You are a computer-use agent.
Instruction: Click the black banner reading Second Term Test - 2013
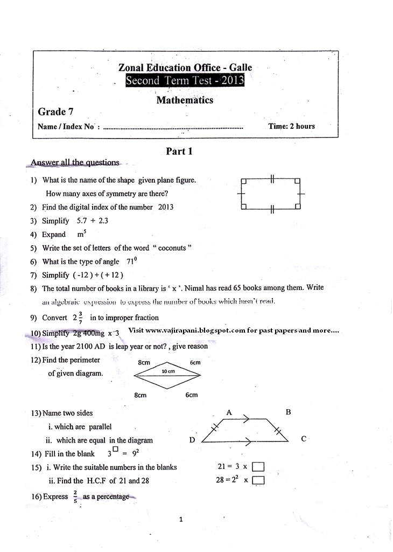pyautogui.click(x=185, y=81)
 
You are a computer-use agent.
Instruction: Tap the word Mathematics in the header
pyautogui.click(x=185, y=100)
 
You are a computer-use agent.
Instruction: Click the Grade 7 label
pyautogui.click(x=56, y=112)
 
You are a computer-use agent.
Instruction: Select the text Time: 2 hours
pyautogui.click(x=291, y=126)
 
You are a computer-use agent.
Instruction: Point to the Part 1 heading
pyautogui.click(x=179, y=151)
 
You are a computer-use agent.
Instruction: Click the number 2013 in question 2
pyautogui.click(x=166, y=207)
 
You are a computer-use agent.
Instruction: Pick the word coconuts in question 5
pyautogui.click(x=172, y=248)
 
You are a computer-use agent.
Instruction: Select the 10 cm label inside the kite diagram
pyautogui.click(x=168, y=372)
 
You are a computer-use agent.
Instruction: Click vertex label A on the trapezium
pyautogui.click(x=229, y=412)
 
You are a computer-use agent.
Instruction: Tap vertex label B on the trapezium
pyautogui.click(x=288, y=412)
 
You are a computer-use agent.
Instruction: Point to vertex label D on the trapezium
pyautogui.click(x=192, y=440)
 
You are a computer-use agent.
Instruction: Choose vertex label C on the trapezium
pyautogui.click(x=304, y=439)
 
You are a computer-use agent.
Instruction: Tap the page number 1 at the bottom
pyautogui.click(x=181, y=520)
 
